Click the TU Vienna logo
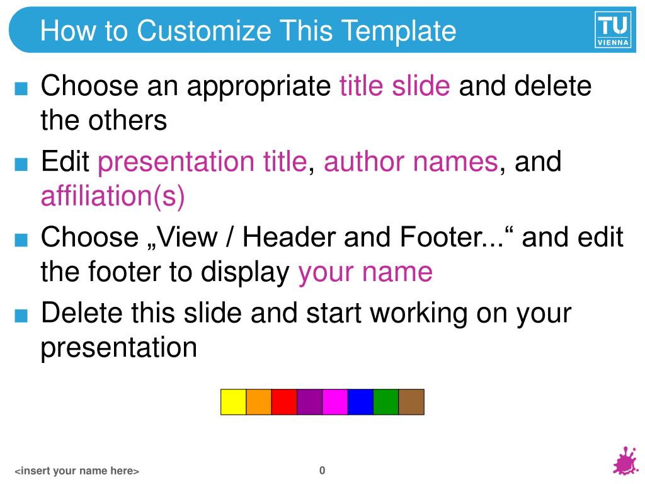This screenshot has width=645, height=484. coord(612,30)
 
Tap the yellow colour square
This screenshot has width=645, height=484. coord(233,401)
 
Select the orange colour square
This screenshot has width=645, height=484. coord(259,401)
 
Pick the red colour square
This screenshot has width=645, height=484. coord(284,401)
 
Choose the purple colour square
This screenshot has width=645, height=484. coord(310,401)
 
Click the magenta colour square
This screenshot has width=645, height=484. coord(335,401)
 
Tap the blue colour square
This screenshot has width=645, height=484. coord(361,401)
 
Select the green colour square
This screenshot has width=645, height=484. coord(386,401)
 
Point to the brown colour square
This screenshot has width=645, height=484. coord(411,401)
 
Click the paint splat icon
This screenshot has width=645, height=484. coord(625,461)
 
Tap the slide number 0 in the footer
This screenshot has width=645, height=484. coord(322,470)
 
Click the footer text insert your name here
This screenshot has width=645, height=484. coord(77,471)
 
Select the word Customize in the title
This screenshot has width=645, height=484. coord(203,31)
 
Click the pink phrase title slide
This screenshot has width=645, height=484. coord(394,86)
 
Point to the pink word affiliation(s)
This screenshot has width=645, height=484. coord(113,197)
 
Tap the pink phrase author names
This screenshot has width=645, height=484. coord(411,161)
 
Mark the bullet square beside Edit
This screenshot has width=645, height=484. coord(21,164)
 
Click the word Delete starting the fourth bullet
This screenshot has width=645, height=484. coord(81,313)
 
